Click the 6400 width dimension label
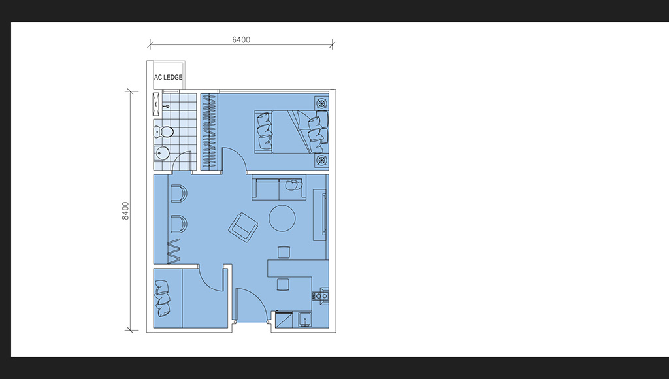tap(241, 40)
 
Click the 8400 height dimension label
tap(125, 211)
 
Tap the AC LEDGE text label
tap(168, 77)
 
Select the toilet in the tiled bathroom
tap(163, 132)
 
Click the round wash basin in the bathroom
tap(162, 152)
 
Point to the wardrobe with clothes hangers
tap(209, 131)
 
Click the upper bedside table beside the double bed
tap(321, 103)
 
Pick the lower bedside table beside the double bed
tap(321, 161)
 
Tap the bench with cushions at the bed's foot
tap(264, 131)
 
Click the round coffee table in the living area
tap(282, 218)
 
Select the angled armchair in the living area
tap(243, 227)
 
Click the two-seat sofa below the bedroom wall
tap(279, 188)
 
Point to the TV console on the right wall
tap(320, 216)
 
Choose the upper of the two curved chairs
tap(179, 193)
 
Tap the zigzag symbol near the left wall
tap(175, 251)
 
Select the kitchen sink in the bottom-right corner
tap(304, 320)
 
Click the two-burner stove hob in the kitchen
tap(321, 295)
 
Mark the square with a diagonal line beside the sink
tap(284, 320)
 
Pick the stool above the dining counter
tap(284, 252)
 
